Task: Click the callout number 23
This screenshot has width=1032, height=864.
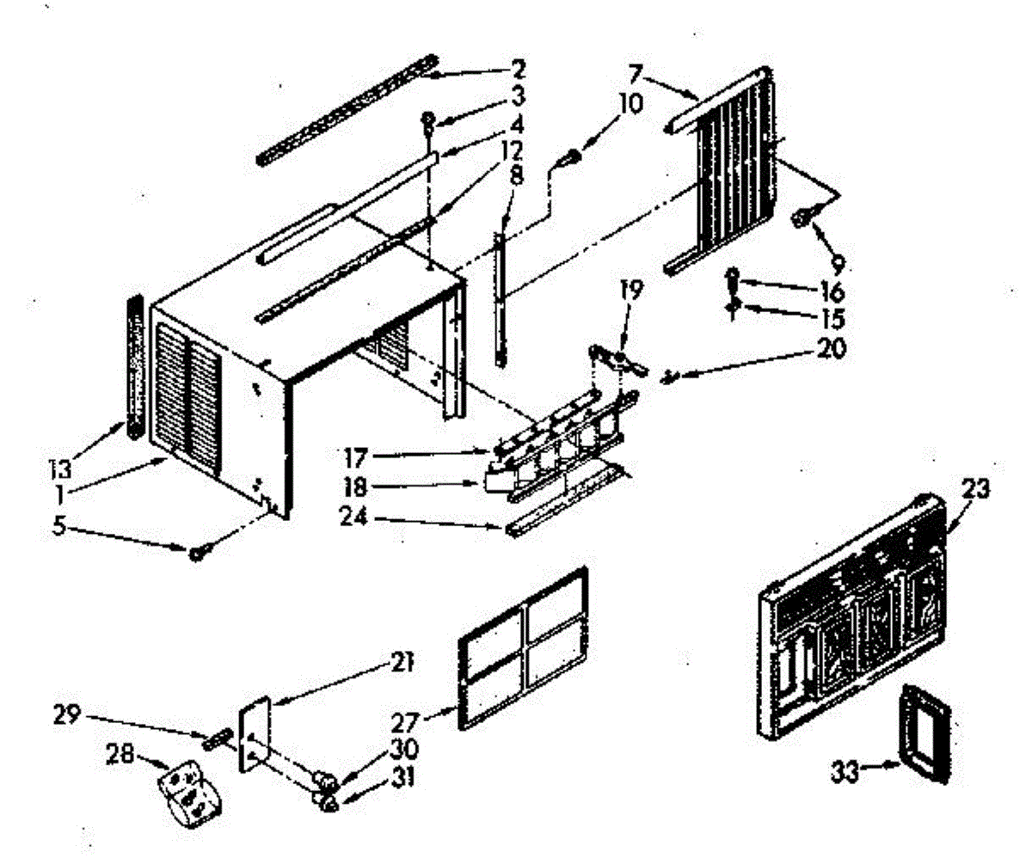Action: (x=975, y=489)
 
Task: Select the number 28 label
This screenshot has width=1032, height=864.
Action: (x=121, y=754)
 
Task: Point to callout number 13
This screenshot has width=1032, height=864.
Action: (x=60, y=469)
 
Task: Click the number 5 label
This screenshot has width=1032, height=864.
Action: (x=58, y=527)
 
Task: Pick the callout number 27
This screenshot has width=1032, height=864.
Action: (x=405, y=724)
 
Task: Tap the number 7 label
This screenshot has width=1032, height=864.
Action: (x=636, y=75)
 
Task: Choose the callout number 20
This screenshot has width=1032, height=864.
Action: (x=832, y=349)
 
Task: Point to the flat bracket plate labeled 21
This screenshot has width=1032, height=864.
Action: (x=254, y=734)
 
